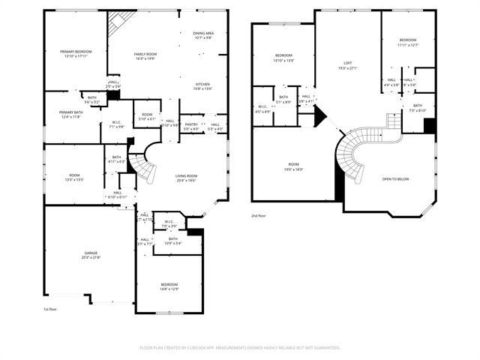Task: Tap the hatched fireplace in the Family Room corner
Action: pos(118,22)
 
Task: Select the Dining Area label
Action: pos(203,33)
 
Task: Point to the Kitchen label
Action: pos(202,84)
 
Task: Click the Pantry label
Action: pos(191,124)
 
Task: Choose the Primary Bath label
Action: pos(71,112)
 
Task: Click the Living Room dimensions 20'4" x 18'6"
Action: pos(186,181)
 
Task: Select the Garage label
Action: pos(90,253)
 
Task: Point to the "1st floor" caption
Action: pos(50,308)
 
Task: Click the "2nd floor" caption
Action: pos(259,215)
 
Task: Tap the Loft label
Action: pos(347,63)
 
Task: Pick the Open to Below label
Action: pos(395,179)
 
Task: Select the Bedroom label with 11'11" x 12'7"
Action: pos(407,40)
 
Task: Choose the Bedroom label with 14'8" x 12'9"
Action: pos(169,284)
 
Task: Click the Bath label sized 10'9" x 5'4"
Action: pos(172,238)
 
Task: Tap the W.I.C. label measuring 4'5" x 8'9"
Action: pos(262,106)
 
